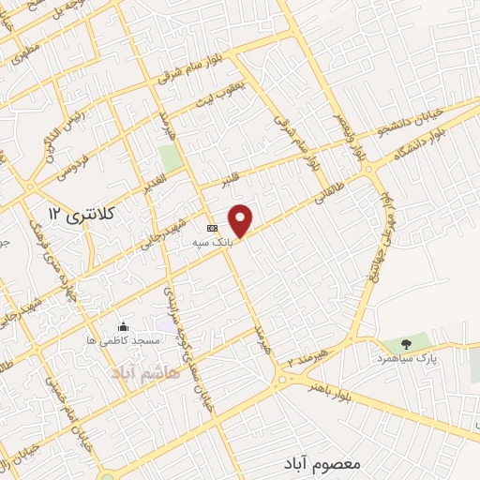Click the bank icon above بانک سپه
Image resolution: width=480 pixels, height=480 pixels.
212,227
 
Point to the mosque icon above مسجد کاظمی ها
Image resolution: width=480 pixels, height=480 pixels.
123,327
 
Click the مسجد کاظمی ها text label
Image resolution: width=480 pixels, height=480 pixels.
123,342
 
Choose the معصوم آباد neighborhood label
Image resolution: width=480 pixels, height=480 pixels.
320,464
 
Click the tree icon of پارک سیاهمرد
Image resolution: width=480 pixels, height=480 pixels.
406,344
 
